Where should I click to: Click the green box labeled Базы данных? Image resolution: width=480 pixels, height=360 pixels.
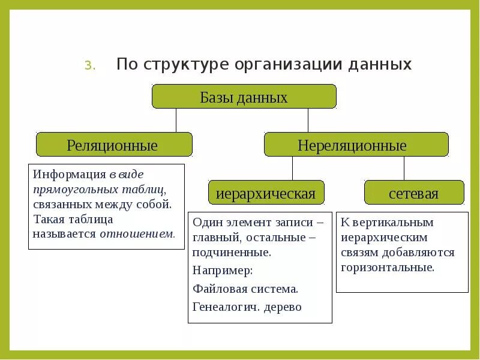[x=244, y=97]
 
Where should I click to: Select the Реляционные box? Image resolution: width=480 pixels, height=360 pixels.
[x=114, y=145]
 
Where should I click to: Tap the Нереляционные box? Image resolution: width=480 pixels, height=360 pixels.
[x=356, y=145]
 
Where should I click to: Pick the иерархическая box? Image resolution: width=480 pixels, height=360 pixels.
[x=266, y=193]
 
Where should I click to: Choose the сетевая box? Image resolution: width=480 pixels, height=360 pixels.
[x=413, y=193]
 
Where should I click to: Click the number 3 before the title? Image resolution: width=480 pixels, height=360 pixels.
[x=89, y=65]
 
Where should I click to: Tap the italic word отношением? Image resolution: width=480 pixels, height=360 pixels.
[x=137, y=233]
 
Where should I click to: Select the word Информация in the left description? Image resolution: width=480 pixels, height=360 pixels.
[x=70, y=174]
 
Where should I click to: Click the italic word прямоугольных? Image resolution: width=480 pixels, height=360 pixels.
[x=71, y=189]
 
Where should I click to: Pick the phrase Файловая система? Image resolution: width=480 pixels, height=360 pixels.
[x=245, y=289]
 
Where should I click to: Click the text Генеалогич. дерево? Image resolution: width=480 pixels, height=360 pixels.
[x=247, y=307]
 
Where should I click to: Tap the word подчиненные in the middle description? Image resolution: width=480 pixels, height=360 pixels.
[x=232, y=253]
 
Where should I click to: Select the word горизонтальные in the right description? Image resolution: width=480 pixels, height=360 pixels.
[x=388, y=267]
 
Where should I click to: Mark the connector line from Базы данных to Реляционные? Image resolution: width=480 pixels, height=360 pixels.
[x=176, y=120]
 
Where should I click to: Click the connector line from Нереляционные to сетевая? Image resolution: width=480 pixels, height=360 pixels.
[x=404, y=168]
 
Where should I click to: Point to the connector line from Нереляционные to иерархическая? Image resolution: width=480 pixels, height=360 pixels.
[x=292, y=168]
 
